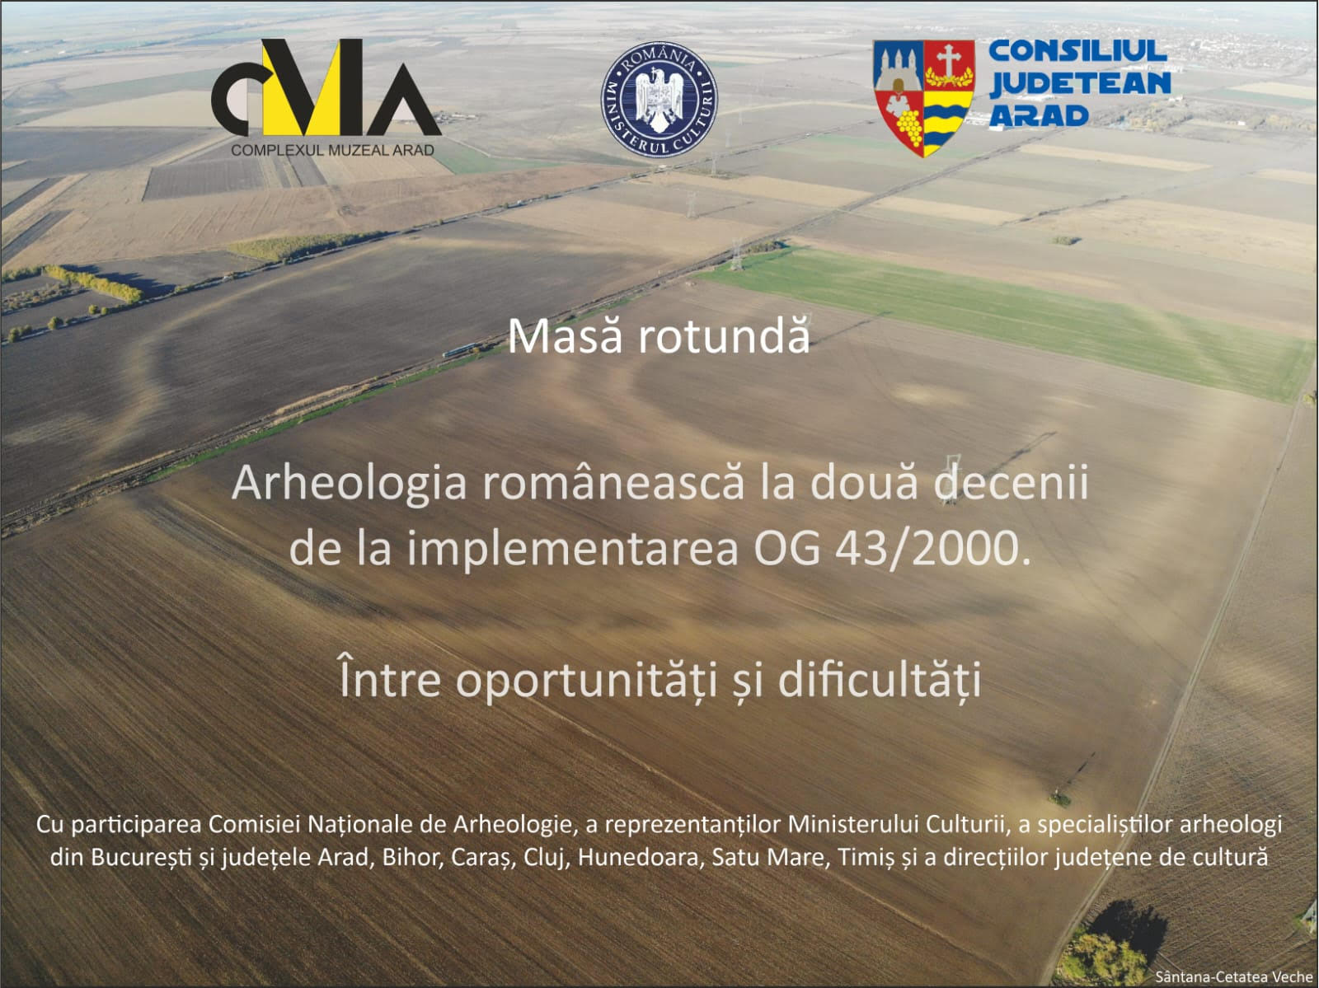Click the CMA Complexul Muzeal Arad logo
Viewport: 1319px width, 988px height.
(x=326, y=97)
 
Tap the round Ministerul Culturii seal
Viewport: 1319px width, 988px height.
(x=659, y=99)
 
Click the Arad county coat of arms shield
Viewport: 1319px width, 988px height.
(x=923, y=98)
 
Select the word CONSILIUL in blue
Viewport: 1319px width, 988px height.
(x=1077, y=51)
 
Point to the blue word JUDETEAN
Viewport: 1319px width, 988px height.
(x=1081, y=83)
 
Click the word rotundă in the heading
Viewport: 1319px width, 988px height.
(x=724, y=336)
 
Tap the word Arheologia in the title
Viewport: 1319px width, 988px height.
(x=350, y=484)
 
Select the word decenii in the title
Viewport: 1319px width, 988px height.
(x=1011, y=482)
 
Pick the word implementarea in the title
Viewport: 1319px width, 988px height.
(x=572, y=550)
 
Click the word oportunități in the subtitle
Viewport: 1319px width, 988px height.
(x=586, y=681)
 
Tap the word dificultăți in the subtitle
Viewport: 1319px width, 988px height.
(x=880, y=680)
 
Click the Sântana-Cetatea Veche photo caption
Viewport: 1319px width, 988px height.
(x=1233, y=976)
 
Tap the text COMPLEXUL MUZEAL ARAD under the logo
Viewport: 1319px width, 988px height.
(x=333, y=150)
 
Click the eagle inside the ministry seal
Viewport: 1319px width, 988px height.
(x=659, y=99)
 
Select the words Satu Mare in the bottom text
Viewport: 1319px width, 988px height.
(x=768, y=858)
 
